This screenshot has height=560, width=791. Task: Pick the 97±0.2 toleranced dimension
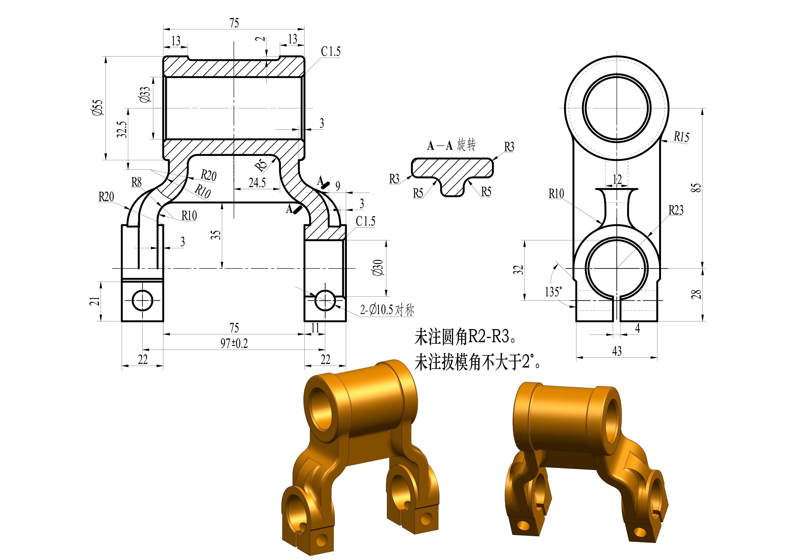[x=234, y=343]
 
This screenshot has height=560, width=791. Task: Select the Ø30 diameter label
[x=378, y=268]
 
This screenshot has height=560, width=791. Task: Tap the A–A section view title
[x=451, y=145]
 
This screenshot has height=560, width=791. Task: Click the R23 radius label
[x=676, y=210]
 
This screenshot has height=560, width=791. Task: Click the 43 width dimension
[x=617, y=351]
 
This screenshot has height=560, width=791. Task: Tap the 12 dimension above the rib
[x=617, y=179]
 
